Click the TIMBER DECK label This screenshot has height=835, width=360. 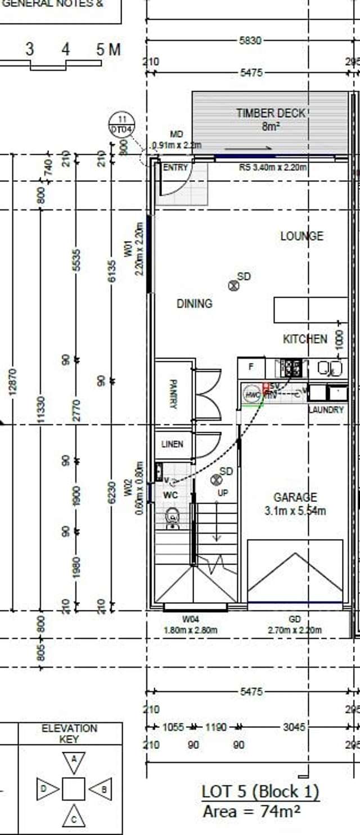coord(271,113)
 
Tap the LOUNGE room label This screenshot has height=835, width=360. coord(301,236)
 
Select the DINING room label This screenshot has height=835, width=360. coord(195,304)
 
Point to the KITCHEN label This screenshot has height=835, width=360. coord(304,339)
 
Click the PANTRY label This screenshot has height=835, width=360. coord(173,394)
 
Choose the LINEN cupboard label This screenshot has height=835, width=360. coord(172,444)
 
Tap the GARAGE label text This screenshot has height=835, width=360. coord(295,497)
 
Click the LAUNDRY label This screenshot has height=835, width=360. coord(326,410)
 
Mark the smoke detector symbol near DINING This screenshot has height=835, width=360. coord(233,286)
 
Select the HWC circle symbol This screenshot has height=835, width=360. coord(253,395)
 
